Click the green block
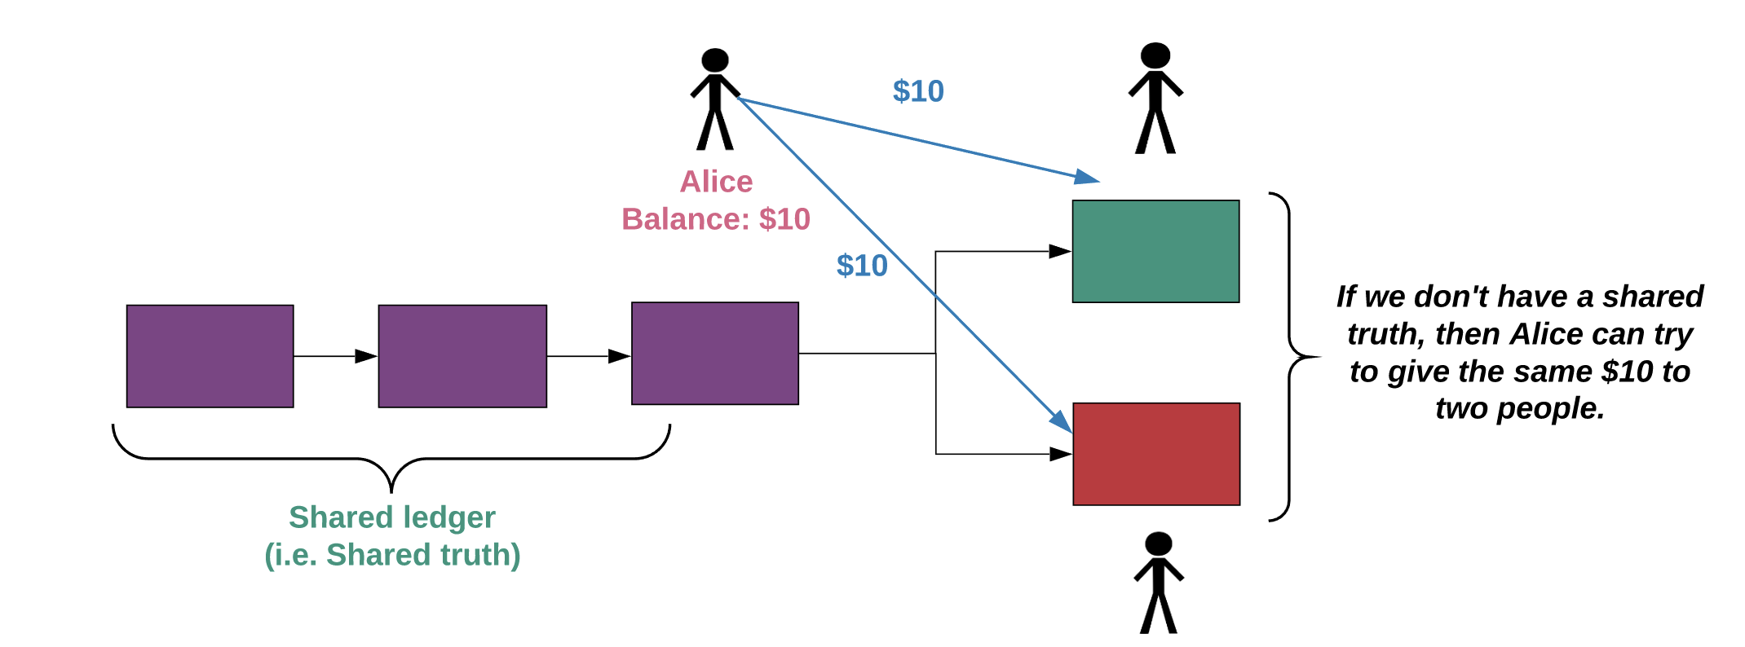pyautogui.click(x=1155, y=251)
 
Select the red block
pyautogui.click(x=1156, y=454)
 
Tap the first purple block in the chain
pyautogui.click(x=210, y=356)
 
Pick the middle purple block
pyautogui.click(x=462, y=356)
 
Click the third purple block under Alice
pyautogui.click(x=715, y=353)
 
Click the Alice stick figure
pyautogui.click(x=715, y=99)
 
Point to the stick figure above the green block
pyautogui.click(x=1155, y=98)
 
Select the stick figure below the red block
pyautogui.click(x=1158, y=583)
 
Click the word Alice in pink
pyautogui.click(x=717, y=181)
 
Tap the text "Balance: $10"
pyautogui.click(x=716, y=219)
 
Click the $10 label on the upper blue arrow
pyautogui.click(x=918, y=91)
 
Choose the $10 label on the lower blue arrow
pyautogui.click(x=862, y=266)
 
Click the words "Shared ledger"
pyautogui.click(x=392, y=517)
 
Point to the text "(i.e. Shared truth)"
pyautogui.click(x=392, y=555)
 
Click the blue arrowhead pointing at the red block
pyautogui.click(x=1062, y=421)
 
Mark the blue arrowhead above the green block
pyautogui.click(x=1087, y=177)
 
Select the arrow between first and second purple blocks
pyautogui.click(x=335, y=356)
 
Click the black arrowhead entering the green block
pyautogui.click(x=1059, y=252)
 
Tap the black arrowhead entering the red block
pyautogui.click(x=1060, y=454)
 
